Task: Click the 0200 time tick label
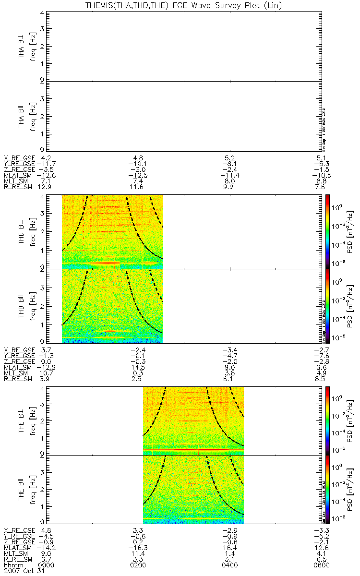(139, 565)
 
